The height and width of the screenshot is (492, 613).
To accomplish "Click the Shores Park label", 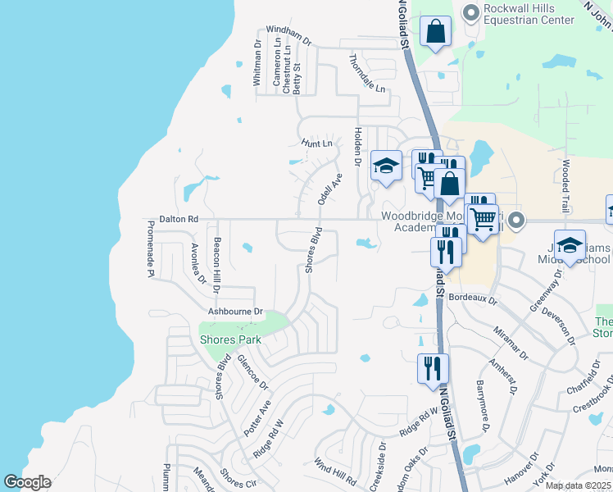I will point(230,339).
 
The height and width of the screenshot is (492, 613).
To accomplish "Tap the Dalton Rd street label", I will point(179,220).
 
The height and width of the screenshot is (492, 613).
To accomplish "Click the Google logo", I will point(27,482).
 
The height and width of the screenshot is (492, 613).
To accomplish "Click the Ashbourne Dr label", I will point(235,312).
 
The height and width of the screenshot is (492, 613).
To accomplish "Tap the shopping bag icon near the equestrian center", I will point(436,32).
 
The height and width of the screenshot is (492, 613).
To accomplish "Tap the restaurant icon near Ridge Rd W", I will point(433,367).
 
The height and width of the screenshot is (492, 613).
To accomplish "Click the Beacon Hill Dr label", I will point(216,264).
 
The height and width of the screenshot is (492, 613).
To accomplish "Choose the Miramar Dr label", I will point(510,338).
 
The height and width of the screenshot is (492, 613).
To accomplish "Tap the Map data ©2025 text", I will point(578,485).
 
